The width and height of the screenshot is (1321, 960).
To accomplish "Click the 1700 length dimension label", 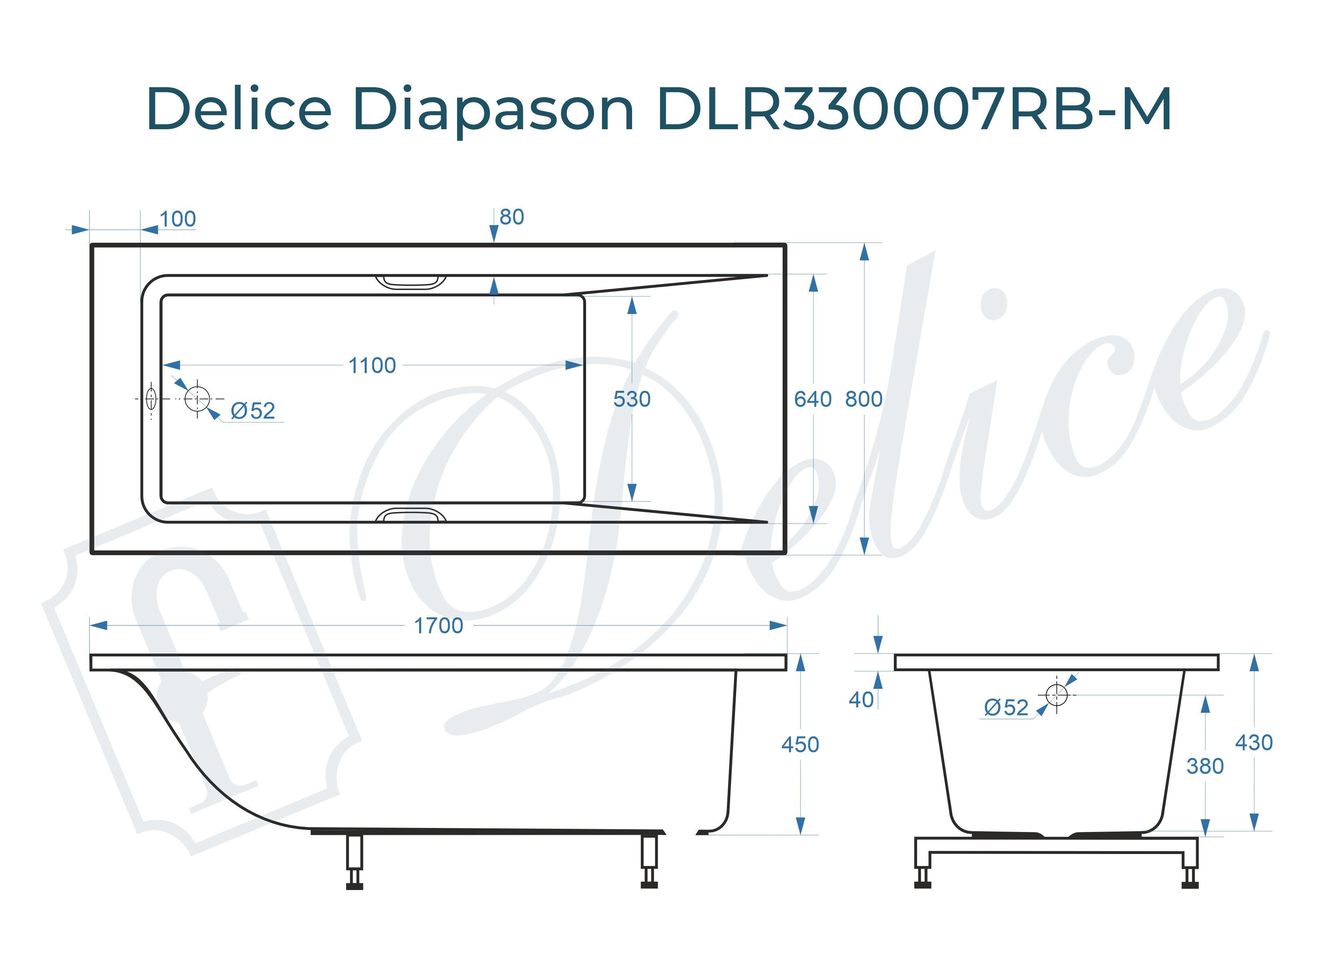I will point(438,626).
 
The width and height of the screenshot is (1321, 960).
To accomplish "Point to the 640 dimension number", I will point(813,399).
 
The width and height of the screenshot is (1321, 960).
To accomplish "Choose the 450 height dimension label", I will point(800,744).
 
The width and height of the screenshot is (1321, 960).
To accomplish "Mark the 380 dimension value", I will point(1205,766).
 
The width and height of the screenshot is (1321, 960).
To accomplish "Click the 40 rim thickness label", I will point(861,700).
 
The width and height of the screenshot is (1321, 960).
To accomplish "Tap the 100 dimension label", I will point(178,220).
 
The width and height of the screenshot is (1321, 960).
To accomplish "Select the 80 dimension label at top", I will point(512,217).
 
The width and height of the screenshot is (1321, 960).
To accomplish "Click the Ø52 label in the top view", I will point(253,411).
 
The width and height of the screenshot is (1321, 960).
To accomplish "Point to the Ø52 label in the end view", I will point(1006,708).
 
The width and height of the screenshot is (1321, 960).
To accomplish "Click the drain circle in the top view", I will point(197,399).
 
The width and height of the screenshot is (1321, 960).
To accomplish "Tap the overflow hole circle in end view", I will point(1056,694).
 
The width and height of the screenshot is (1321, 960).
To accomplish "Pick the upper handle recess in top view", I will point(411,282).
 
